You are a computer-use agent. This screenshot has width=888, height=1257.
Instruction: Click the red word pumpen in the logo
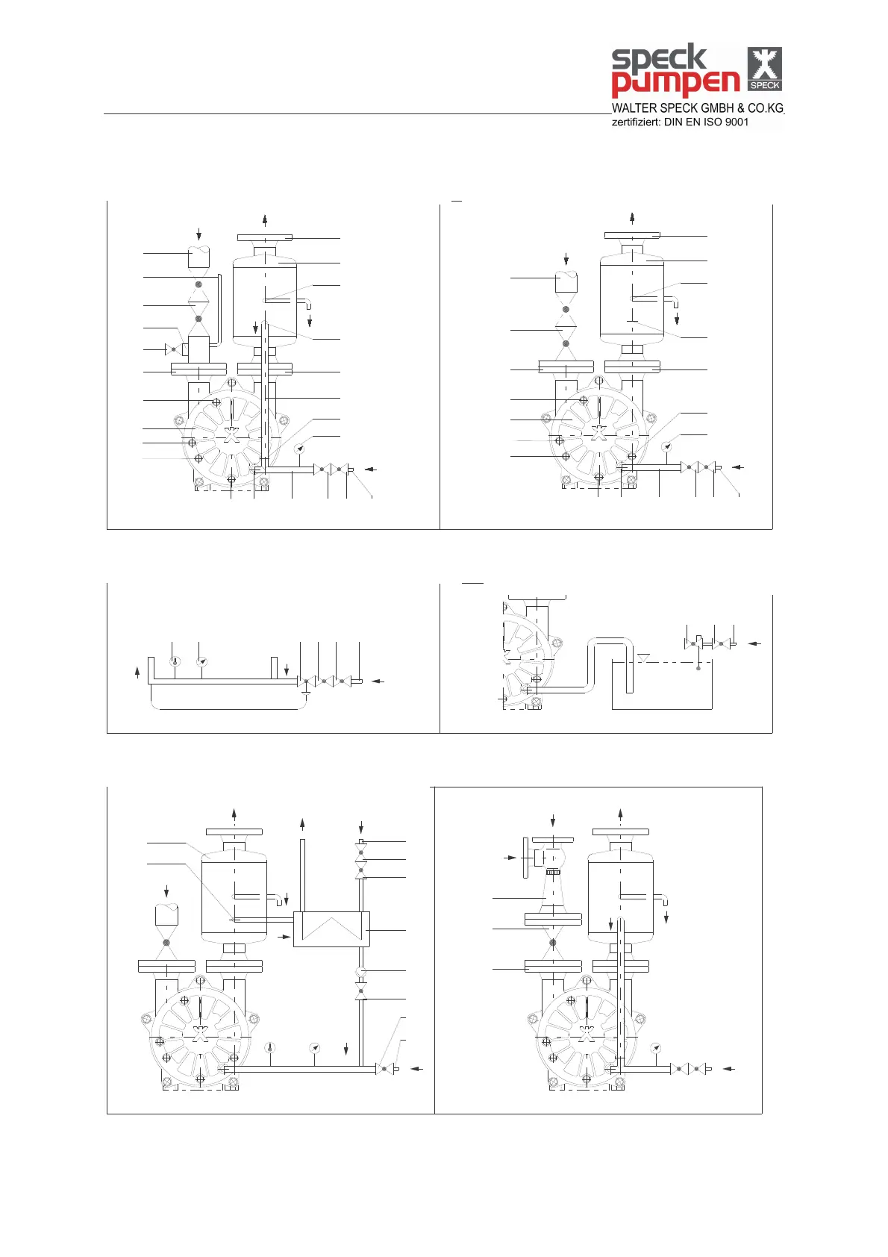pyautogui.click(x=675, y=83)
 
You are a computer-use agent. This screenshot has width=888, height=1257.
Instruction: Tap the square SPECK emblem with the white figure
pyautogui.click(x=765, y=68)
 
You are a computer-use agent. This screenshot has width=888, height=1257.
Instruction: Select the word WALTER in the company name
pyautogui.click(x=634, y=108)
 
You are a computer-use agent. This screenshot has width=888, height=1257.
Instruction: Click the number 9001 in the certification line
pyautogui.click(x=737, y=122)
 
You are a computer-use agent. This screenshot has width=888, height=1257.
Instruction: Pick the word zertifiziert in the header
pyautogui.click(x=635, y=122)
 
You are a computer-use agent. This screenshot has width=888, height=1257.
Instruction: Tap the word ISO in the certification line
pyautogui.click(x=712, y=122)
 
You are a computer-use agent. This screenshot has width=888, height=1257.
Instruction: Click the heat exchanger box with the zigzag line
pyautogui.click(x=331, y=929)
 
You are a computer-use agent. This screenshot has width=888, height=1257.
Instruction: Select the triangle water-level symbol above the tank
pyautogui.click(x=643, y=657)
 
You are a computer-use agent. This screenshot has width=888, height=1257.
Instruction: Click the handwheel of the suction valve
pyautogui.click(x=526, y=858)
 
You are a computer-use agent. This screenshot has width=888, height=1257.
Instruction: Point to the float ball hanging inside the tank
pyautogui.click(x=698, y=667)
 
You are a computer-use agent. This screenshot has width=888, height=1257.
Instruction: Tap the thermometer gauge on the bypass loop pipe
pyautogui.click(x=175, y=661)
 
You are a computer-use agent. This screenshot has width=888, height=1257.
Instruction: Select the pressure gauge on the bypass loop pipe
pyautogui.click(x=201, y=661)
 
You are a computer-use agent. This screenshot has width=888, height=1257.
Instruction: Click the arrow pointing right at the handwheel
pyautogui.click(x=511, y=858)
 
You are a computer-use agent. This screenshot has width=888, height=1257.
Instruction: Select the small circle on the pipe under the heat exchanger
pyautogui.click(x=361, y=970)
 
